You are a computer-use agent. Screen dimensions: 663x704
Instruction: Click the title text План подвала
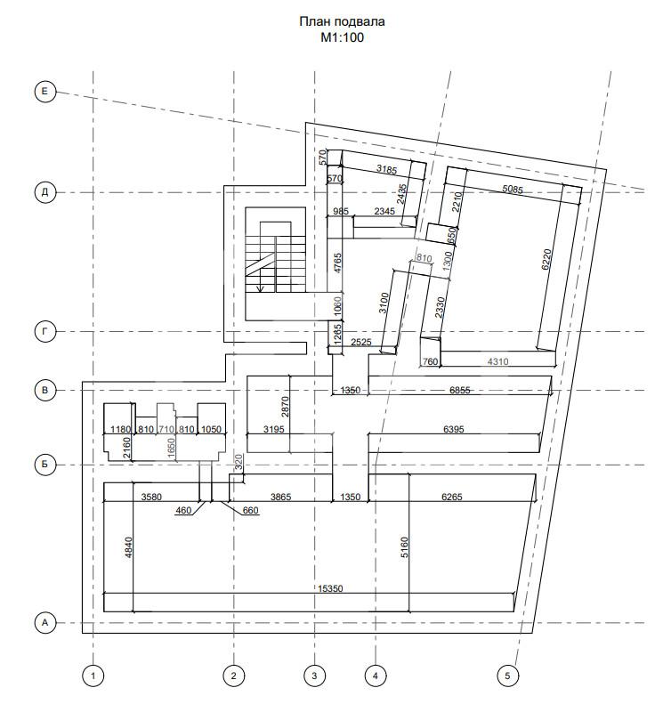(342, 21)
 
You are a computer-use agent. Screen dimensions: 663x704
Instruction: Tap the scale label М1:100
(342, 37)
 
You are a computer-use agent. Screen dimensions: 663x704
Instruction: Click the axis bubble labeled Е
(44, 92)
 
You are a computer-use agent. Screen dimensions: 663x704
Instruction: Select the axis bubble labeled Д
(44, 192)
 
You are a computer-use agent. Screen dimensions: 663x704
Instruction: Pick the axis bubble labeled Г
(44, 332)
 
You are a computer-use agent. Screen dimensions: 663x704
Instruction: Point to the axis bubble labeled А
(44, 623)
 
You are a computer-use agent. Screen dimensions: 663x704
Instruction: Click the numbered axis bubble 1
(93, 676)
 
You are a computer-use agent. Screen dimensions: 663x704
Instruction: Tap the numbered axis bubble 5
(507, 676)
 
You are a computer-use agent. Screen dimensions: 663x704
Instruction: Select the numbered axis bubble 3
(314, 676)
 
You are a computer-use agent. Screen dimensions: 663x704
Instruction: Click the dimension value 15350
(330, 588)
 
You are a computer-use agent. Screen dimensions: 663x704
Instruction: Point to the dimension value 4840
(129, 547)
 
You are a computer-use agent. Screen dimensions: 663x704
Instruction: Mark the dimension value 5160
(404, 547)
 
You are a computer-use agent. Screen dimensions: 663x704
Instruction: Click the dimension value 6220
(546, 259)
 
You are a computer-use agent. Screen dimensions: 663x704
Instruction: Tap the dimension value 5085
(513, 189)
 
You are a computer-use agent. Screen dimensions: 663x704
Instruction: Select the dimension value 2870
(286, 406)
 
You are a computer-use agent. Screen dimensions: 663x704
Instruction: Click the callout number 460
(183, 511)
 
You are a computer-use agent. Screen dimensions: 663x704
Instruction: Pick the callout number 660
(250, 511)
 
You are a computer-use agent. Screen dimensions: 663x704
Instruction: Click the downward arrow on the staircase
(260, 287)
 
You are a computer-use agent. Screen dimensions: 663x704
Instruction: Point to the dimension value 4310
(497, 361)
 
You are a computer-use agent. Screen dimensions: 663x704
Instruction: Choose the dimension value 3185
(386, 169)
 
